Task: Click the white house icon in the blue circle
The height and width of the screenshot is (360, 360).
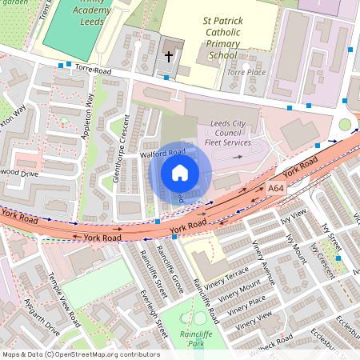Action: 180,173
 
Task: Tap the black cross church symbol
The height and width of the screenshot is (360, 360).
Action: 168,56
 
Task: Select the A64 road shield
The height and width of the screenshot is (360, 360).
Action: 276,188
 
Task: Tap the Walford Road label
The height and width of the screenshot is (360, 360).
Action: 163,151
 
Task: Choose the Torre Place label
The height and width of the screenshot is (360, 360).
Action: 245,72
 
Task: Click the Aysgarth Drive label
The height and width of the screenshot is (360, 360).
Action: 42,318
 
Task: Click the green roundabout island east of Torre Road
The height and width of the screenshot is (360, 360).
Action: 345,125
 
